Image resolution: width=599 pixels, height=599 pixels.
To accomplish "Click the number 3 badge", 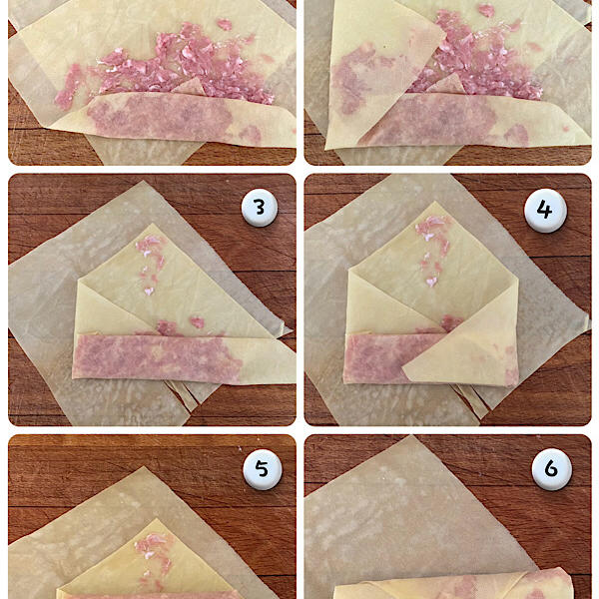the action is pyautogui.click(x=260, y=208).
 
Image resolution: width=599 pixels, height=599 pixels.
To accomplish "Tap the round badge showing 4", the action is pyautogui.click(x=545, y=211).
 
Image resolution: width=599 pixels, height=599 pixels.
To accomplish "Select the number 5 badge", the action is pyautogui.click(x=263, y=469).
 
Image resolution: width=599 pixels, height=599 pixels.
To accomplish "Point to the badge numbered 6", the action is pyautogui.click(x=551, y=469).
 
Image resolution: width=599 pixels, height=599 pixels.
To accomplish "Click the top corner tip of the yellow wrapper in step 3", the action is pyautogui.click(x=153, y=225).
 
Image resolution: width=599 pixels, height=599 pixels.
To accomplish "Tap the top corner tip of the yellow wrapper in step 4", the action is pyautogui.click(x=435, y=202).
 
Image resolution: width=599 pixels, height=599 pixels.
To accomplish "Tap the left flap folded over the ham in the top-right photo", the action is pyautogui.click(x=378, y=73).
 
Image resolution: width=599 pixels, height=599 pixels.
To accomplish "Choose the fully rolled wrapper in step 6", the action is pyautogui.click(x=453, y=584).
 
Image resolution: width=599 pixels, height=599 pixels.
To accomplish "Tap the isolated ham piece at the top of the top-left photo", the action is pyautogui.click(x=225, y=24).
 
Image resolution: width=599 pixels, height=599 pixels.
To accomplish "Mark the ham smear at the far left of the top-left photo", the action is pyautogui.click(x=68, y=87).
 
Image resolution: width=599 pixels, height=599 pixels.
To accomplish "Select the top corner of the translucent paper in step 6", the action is pyautogui.click(x=410, y=436).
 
